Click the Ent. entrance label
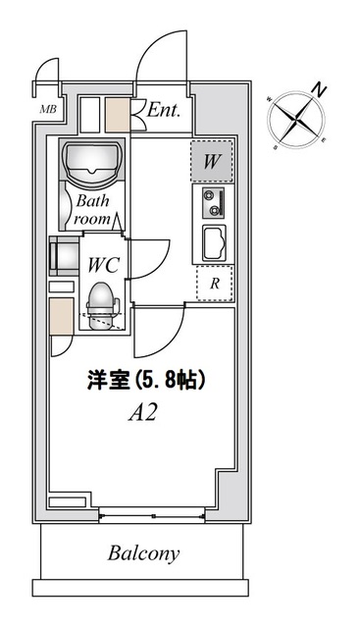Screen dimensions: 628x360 coord(165,112)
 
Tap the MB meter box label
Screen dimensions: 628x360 coord(47,109)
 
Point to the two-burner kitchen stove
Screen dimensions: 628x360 coord(214,203)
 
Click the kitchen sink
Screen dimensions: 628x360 coord(214,242)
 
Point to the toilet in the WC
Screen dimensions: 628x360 coord(102,302)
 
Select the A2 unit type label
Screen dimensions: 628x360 coord(144,412)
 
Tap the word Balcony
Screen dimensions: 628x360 coord(143,553)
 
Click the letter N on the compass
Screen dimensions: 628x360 coord(318,89)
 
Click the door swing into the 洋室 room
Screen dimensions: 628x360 coord(157,334)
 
